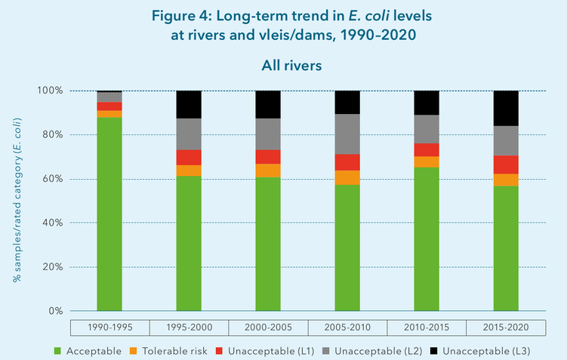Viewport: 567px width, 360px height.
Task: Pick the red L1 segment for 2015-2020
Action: [x=506, y=165]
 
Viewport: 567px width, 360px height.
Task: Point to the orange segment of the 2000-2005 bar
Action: [x=268, y=171]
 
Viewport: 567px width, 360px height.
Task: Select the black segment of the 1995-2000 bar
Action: [x=189, y=104]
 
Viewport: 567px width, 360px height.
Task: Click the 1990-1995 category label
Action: [x=109, y=328]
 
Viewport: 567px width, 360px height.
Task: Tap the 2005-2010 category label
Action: [x=347, y=328]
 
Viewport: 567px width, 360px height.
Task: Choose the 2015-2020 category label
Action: [x=506, y=328]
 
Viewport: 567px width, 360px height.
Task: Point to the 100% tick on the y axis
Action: [x=52, y=91]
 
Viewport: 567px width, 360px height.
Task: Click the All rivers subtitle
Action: [x=291, y=66]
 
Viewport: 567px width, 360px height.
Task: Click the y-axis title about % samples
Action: [x=17, y=200]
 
